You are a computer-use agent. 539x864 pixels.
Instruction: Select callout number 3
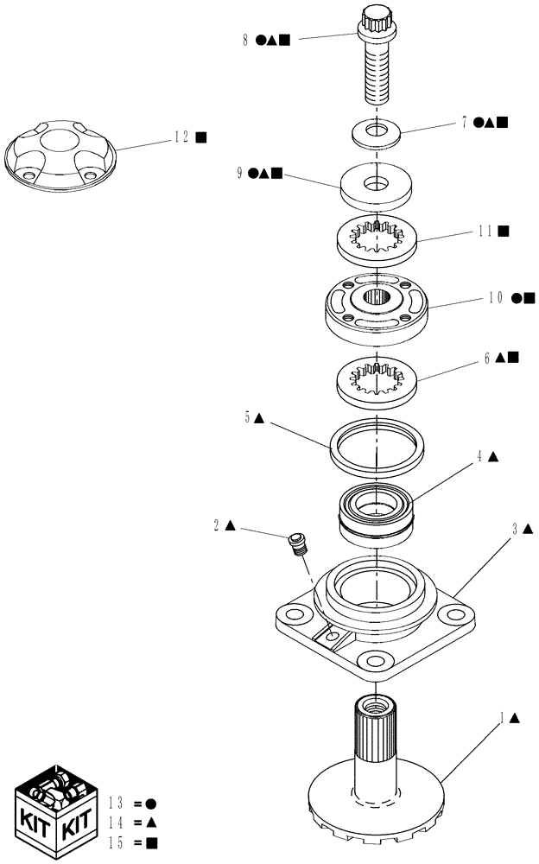coord(516,528)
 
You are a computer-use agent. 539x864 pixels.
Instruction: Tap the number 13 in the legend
coord(117,804)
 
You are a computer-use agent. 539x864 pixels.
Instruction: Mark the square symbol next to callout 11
coord(504,231)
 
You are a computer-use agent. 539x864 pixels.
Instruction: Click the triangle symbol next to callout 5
coord(260,418)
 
